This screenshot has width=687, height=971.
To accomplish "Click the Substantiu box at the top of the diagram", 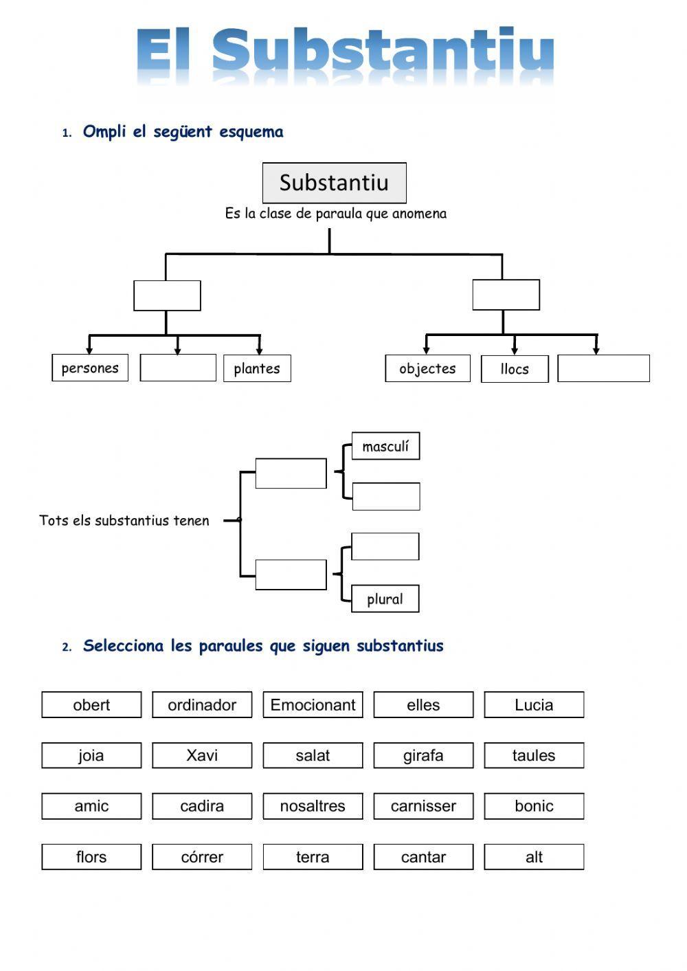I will (x=334, y=183).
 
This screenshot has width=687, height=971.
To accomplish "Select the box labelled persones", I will (x=90, y=368).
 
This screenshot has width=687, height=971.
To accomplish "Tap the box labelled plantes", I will (x=257, y=368).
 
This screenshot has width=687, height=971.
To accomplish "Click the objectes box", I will (x=427, y=368).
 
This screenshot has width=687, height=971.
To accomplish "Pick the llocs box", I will (x=515, y=369).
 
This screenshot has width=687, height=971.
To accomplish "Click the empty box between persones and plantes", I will (x=178, y=368).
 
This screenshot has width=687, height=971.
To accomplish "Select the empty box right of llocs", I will (x=603, y=368).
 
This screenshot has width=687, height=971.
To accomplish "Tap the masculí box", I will (x=385, y=446).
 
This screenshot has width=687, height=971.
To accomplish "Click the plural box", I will (x=385, y=599).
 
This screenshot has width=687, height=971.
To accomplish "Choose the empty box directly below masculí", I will (x=385, y=496).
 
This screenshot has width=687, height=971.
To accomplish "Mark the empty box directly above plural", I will (x=385, y=546).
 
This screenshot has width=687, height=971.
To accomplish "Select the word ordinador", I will (x=202, y=704).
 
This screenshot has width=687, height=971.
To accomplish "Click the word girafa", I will (x=423, y=755).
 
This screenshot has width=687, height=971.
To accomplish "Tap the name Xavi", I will (x=202, y=755).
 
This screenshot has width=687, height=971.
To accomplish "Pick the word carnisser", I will (x=423, y=806).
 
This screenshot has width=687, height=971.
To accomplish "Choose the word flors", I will (x=91, y=857).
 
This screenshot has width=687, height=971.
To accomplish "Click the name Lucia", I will (x=534, y=704).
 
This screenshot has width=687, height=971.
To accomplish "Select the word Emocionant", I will (x=313, y=704).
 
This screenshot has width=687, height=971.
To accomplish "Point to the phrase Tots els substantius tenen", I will (x=124, y=520).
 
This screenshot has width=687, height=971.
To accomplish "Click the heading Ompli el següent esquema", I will (x=183, y=131).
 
